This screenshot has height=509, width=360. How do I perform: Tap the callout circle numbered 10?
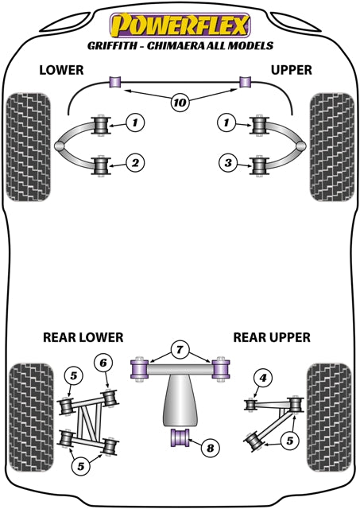tap(180, 102)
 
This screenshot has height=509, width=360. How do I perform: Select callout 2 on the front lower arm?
tap(136, 163)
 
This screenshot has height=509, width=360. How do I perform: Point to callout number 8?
tap(210, 449)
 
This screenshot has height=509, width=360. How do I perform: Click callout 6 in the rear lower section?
tap(104, 363)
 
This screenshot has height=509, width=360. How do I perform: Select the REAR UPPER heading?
tap(271, 336)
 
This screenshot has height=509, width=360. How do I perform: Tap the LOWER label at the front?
tap(62, 70)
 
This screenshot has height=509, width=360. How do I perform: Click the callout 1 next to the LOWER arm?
tap(136, 122)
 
